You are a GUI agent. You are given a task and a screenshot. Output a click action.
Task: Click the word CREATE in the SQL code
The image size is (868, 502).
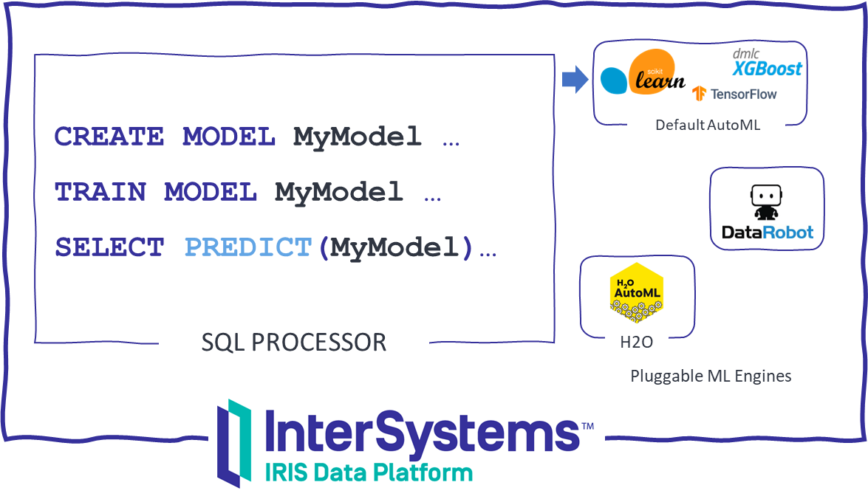(109, 137)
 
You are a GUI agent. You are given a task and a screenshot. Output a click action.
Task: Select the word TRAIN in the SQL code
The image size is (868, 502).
(100, 192)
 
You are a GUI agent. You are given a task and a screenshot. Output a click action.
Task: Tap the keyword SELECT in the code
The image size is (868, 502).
(109, 247)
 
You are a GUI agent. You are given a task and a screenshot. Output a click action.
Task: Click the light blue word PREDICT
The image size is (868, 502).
(248, 247)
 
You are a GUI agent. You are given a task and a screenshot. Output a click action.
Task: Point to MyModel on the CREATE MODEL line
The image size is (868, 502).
(358, 137)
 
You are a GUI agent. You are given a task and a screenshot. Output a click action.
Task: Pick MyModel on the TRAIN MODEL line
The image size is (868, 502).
(339, 192)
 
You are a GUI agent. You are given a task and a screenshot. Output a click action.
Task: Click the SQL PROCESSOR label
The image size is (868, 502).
(294, 342)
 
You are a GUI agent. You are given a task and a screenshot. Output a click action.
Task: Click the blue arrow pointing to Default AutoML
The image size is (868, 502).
(573, 79)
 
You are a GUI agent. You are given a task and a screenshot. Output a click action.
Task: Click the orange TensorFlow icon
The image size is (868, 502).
(699, 94)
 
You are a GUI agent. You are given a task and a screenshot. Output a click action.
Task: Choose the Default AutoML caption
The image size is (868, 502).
(708, 125)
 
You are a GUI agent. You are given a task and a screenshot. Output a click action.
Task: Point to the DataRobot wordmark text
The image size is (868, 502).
(767, 232)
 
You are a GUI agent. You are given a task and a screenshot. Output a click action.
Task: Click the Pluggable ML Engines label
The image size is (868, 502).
(711, 376)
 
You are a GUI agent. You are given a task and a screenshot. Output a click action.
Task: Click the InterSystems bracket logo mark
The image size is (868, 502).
(234, 443)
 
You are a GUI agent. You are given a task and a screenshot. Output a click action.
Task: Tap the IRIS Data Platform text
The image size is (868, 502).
(368, 472)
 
